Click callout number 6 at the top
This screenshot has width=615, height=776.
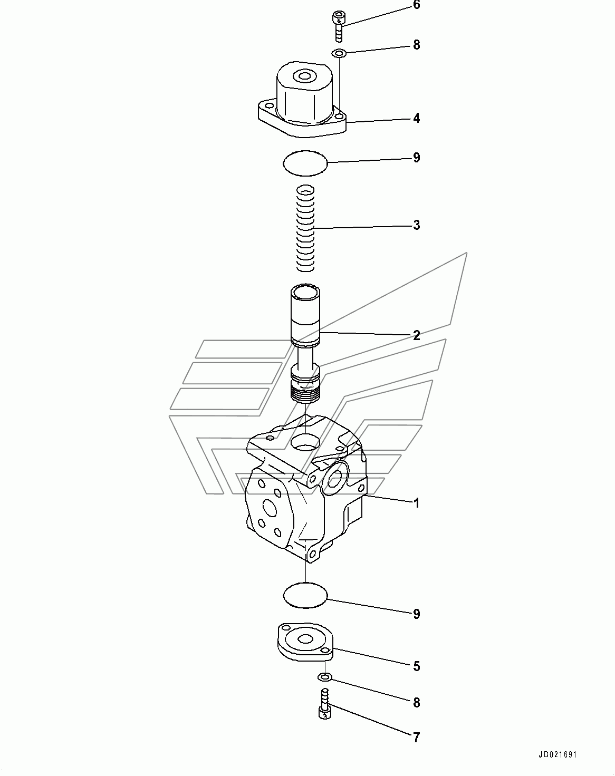tap(417, 5)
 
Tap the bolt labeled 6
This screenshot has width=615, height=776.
tap(338, 26)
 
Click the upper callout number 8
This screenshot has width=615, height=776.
tap(417, 45)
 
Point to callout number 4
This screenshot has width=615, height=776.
tap(417, 118)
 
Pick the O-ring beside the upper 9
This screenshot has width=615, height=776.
tap(305, 163)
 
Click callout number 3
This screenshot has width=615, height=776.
tap(417, 225)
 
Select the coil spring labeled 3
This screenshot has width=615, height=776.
tap(305, 228)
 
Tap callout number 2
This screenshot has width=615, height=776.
tap(417, 335)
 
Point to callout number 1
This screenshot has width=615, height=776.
tap(417, 503)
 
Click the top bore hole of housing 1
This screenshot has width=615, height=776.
tap(305, 442)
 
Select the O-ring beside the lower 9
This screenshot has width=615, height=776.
tap(305, 595)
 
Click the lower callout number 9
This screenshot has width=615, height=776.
tap(417, 614)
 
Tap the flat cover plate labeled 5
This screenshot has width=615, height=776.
tap(305, 642)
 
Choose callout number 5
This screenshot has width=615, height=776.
tap(417, 666)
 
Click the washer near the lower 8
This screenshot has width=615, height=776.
tap(325, 677)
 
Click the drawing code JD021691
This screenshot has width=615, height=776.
tap(558, 754)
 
